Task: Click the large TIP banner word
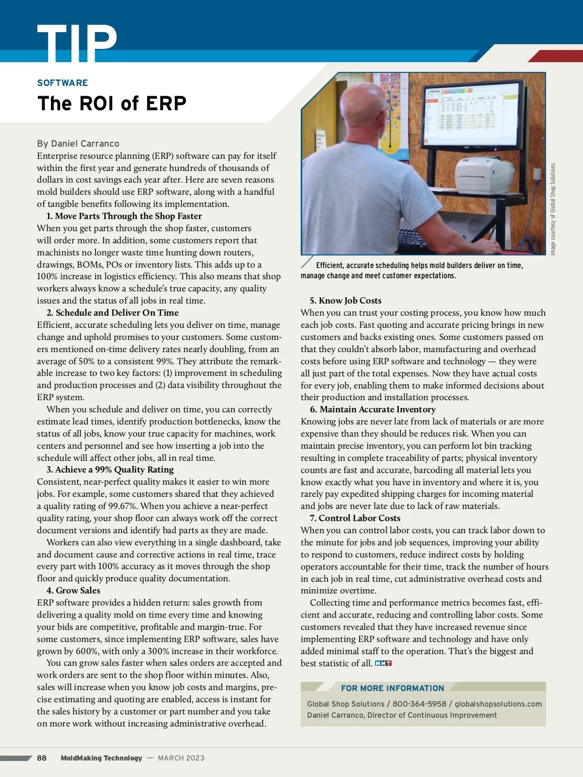tap(77, 44)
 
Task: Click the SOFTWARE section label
tap(63, 83)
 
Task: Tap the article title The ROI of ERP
tap(112, 103)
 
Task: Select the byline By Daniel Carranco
tap(78, 144)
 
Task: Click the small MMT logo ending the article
tap(383, 663)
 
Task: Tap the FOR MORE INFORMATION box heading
tap(393, 688)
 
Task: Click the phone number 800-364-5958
tap(419, 704)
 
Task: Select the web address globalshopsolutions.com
tap(498, 704)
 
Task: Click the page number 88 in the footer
tap(42, 758)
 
